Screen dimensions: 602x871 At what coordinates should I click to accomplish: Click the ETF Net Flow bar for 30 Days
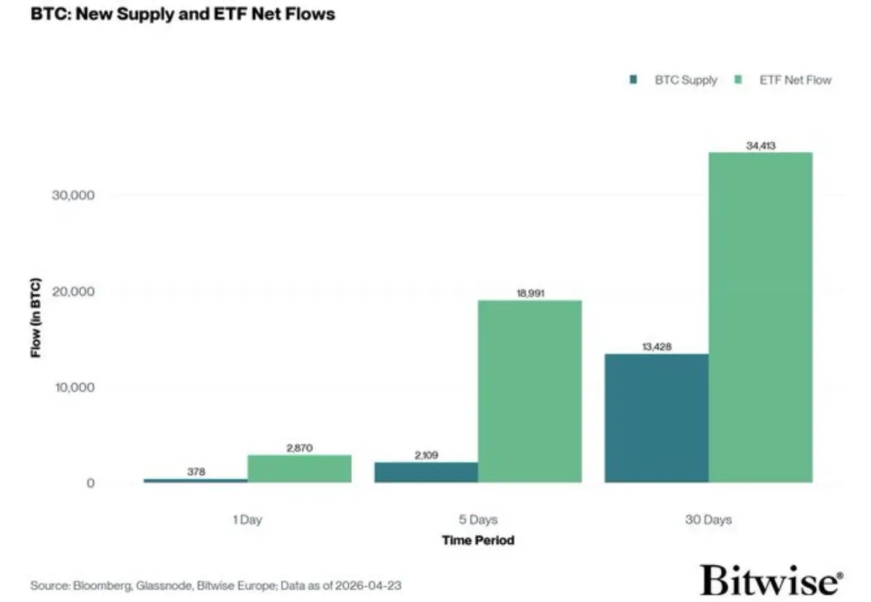click(x=760, y=318)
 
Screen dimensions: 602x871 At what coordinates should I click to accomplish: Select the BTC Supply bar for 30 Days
click(x=656, y=418)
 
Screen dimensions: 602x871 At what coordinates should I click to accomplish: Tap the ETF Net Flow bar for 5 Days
click(x=530, y=391)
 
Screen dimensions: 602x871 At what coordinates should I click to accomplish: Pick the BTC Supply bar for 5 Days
click(x=425, y=473)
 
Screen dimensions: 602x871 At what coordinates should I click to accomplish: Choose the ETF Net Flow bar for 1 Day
click(x=299, y=469)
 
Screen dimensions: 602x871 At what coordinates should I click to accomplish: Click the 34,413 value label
click(x=760, y=146)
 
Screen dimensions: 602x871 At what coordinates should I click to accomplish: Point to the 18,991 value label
click(x=530, y=294)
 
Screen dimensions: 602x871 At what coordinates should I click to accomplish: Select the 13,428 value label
click(x=656, y=347)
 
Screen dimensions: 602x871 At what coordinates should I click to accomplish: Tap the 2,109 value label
click(x=425, y=455)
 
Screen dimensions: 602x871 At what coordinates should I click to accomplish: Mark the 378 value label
click(x=196, y=472)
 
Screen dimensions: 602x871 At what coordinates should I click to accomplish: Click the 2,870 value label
click(x=299, y=448)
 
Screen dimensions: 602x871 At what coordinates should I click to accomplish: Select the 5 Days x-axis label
click(x=478, y=519)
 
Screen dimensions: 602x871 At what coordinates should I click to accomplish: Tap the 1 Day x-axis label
click(x=247, y=519)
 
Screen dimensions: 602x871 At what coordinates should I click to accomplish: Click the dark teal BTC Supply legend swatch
click(x=633, y=80)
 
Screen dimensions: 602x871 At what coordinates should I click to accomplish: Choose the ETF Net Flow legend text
click(x=795, y=80)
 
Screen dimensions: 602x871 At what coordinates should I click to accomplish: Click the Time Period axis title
click(x=478, y=539)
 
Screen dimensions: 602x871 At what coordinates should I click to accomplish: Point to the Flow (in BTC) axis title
click(x=36, y=318)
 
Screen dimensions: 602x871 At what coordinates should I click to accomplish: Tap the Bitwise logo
click(x=771, y=579)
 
